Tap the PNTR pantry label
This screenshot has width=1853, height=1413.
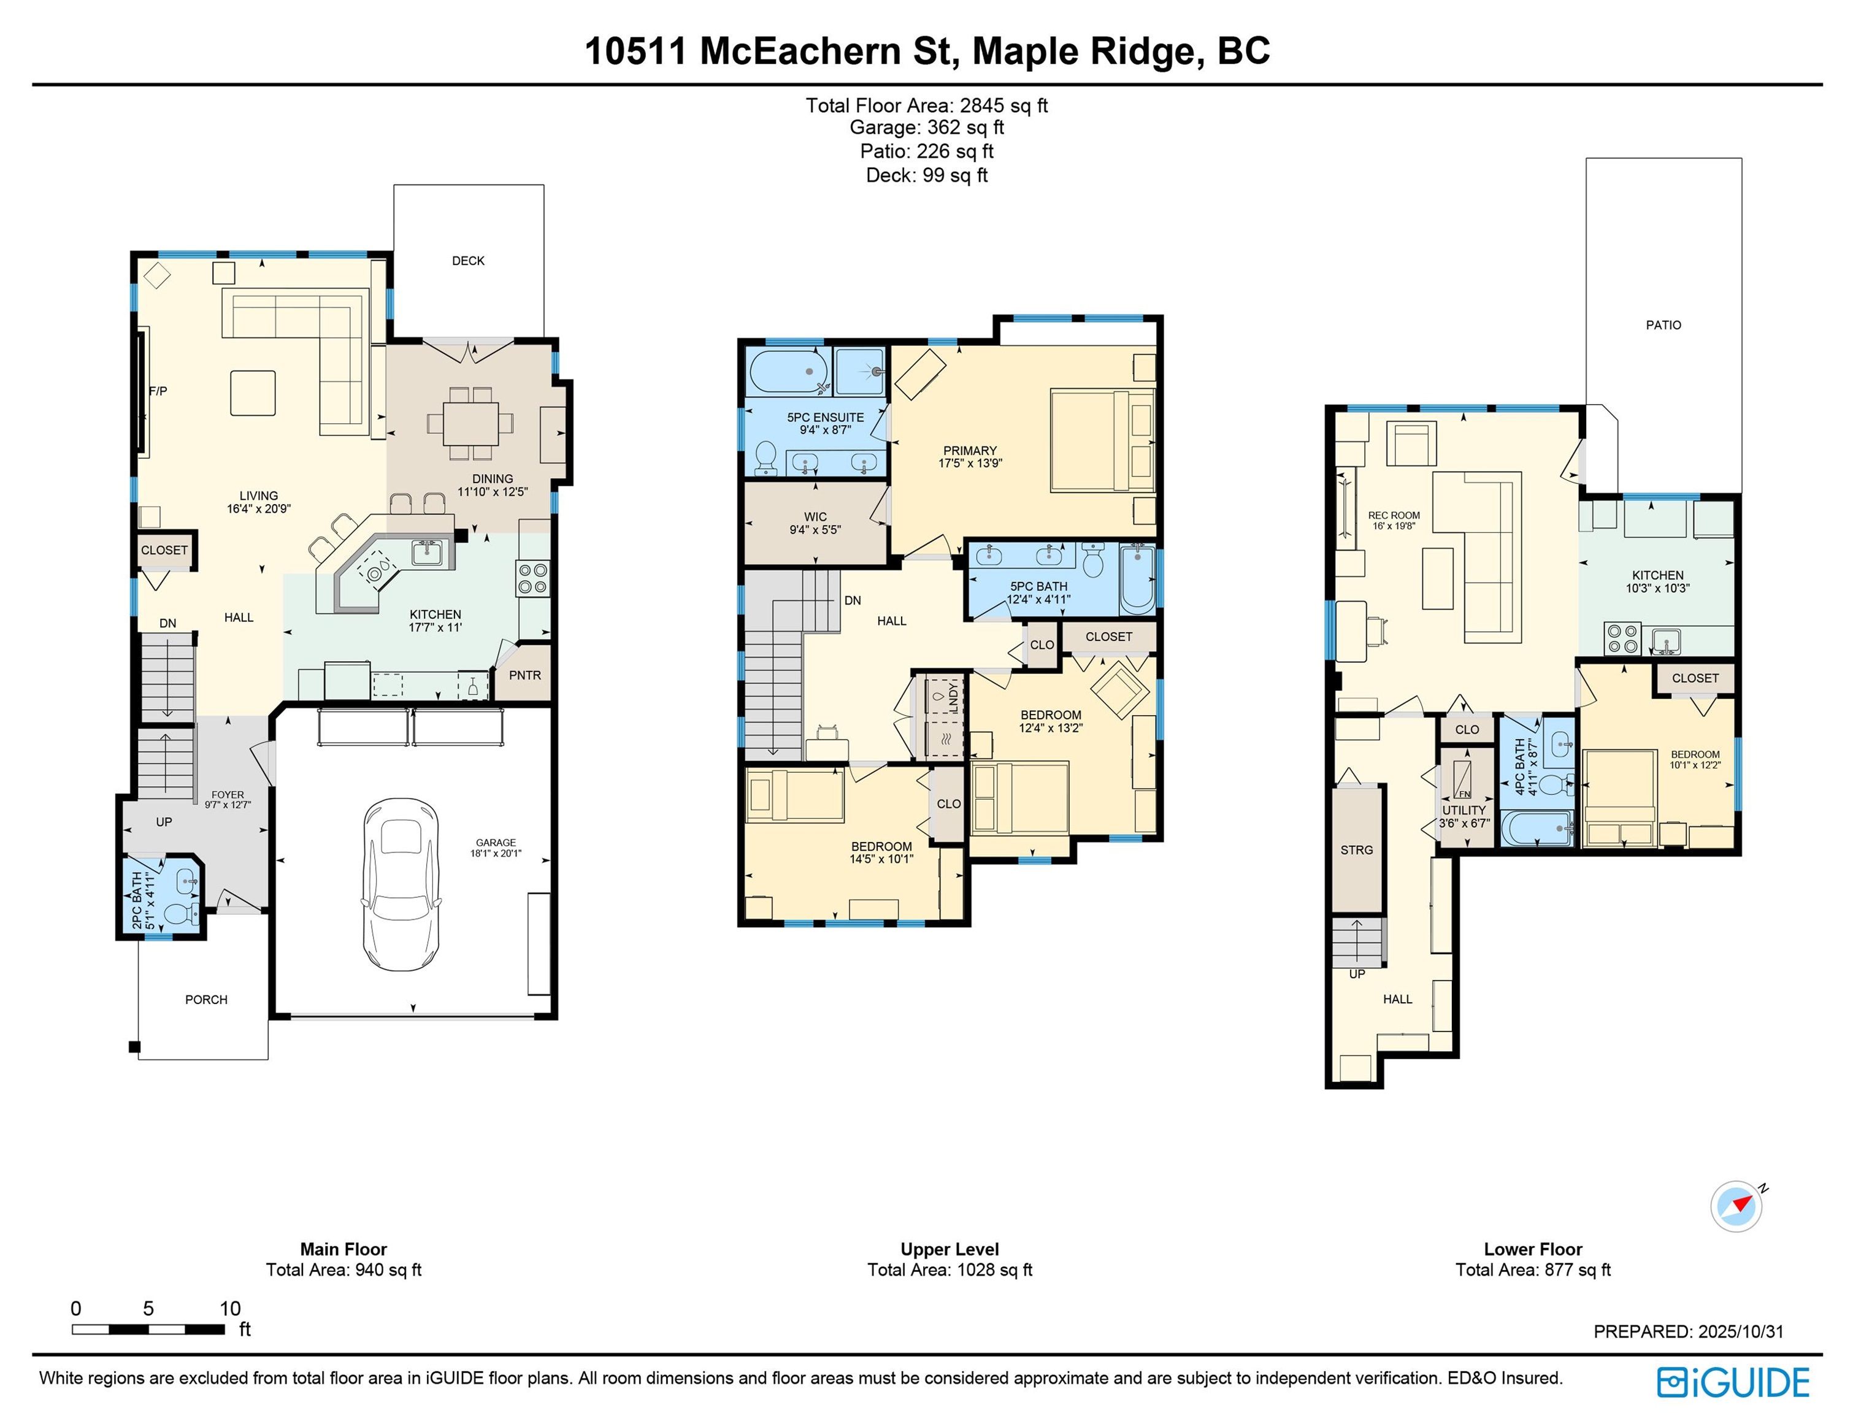[525, 675]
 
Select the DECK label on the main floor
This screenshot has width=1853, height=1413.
[469, 261]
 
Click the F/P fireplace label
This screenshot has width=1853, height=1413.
[158, 391]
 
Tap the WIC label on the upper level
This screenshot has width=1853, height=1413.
[815, 517]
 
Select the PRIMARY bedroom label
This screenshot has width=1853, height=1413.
[970, 451]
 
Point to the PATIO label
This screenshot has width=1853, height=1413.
[1663, 326]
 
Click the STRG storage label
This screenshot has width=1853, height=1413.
[1357, 851]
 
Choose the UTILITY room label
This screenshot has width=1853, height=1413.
[1464, 810]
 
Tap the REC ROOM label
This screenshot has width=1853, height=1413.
[1394, 516]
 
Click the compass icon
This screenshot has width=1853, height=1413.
[1736, 1207]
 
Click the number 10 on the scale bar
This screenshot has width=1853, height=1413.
[231, 1309]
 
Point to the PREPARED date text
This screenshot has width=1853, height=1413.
[1688, 1331]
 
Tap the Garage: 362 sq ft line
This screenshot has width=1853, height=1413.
[927, 128]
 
